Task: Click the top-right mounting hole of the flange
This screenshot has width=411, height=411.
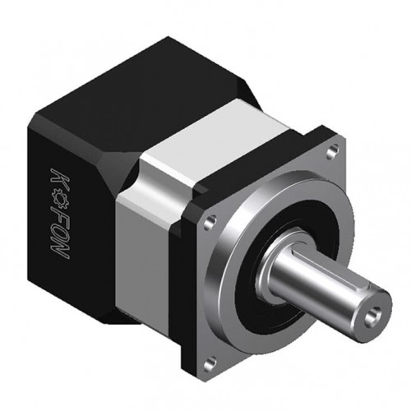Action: pos(332,151)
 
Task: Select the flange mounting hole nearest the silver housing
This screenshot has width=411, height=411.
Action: pos(209,223)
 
